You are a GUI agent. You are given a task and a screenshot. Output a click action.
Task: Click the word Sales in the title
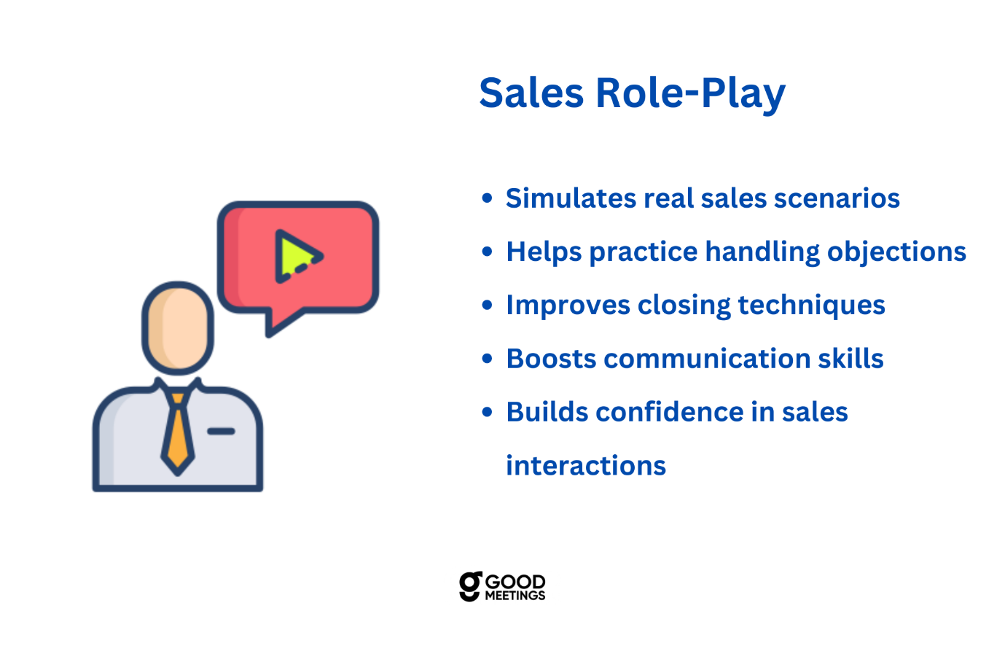[531, 93]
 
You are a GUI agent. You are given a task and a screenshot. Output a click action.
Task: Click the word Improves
[568, 305]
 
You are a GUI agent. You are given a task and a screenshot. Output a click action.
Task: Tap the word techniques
[811, 306]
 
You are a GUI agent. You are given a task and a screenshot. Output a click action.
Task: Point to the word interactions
[586, 466]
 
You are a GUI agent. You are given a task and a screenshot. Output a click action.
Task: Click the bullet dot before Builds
[488, 412]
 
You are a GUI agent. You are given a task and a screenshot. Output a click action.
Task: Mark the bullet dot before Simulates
[488, 198]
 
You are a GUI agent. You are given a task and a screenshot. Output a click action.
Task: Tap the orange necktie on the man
[177, 435]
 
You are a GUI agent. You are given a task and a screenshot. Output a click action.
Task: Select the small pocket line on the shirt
[221, 431]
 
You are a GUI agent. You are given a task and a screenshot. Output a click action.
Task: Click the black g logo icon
[470, 586]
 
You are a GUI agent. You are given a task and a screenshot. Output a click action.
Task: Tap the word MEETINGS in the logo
[515, 596]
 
